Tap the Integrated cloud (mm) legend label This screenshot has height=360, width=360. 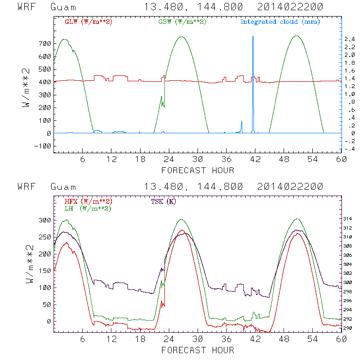[x=280, y=22]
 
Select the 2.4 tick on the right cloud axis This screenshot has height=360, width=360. [x=350, y=39]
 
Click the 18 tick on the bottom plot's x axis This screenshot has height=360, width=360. [x=141, y=339]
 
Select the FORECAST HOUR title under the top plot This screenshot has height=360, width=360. [x=198, y=170]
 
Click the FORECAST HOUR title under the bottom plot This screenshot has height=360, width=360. [x=198, y=350]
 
